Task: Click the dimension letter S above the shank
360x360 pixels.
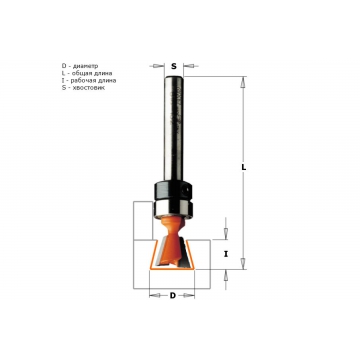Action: point(174,66)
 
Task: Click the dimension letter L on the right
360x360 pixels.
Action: point(244,168)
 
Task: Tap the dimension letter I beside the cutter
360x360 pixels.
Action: point(226,254)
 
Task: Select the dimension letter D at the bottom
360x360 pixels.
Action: point(173,295)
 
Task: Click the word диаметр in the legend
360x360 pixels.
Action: point(86,66)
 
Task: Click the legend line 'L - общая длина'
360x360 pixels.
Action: point(87,73)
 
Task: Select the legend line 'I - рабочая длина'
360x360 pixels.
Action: point(89,80)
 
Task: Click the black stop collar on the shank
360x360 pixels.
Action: point(173,191)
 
